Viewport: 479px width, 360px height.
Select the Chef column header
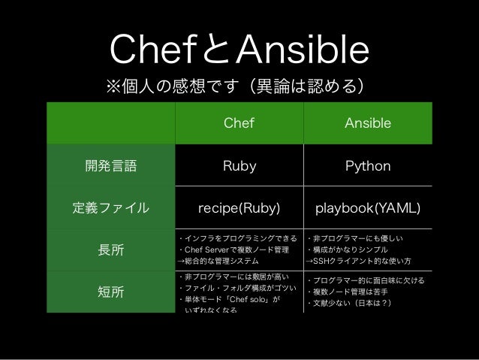pos(238,123)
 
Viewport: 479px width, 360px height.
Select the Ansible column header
pos(367,123)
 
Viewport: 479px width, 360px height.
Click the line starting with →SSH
pos(360,262)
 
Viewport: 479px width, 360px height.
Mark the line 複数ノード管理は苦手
pos(349,292)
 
